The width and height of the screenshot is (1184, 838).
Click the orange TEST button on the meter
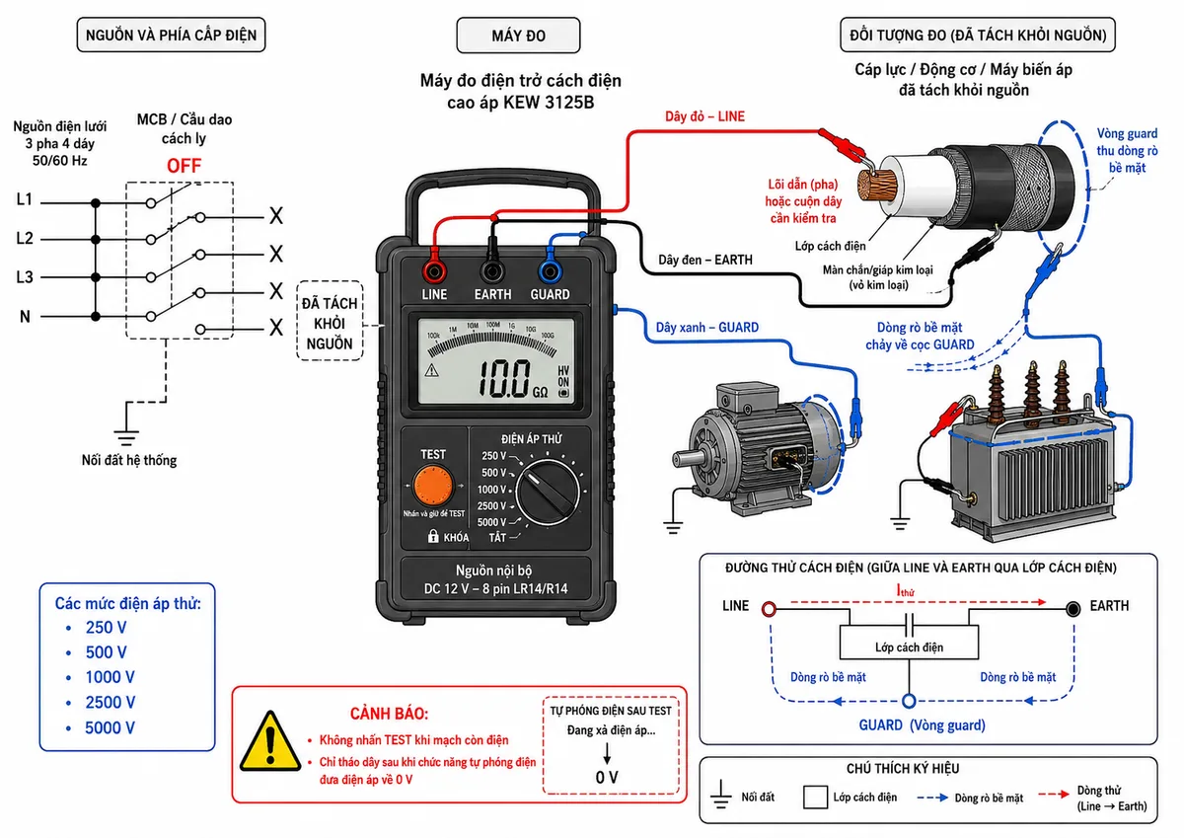pyautogui.click(x=433, y=486)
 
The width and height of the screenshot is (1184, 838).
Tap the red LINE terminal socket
pyautogui.click(x=434, y=271)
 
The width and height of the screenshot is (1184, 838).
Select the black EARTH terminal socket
pyautogui.click(x=492, y=271)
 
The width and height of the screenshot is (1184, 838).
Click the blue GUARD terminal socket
pyautogui.click(x=550, y=271)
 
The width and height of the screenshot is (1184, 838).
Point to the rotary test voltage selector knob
pyautogui.click(x=548, y=492)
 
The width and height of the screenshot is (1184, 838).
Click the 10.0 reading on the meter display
pyautogui.click(x=504, y=379)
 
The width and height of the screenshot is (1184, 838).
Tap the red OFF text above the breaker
pyautogui.click(x=184, y=166)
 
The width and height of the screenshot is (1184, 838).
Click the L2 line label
pyautogui.click(x=25, y=238)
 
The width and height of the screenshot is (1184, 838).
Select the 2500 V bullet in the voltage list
pyautogui.click(x=110, y=702)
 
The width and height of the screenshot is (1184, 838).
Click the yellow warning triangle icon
pyautogui.click(x=270, y=742)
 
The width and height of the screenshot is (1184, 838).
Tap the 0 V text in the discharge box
pyautogui.click(x=607, y=777)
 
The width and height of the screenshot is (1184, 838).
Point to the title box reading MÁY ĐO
pyautogui.click(x=518, y=35)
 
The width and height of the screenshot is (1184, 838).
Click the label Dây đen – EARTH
pyautogui.click(x=705, y=260)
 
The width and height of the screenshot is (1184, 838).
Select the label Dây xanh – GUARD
pyautogui.click(x=707, y=328)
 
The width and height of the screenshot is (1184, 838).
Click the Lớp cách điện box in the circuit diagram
pyautogui.click(x=909, y=642)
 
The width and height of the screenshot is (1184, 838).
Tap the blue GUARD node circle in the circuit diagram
pyautogui.click(x=909, y=701)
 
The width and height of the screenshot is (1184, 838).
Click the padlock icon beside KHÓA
pyautogui.click(x=433, y=536)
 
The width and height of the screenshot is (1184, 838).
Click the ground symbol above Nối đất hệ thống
pyautogui.click(x=126, y=431)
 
